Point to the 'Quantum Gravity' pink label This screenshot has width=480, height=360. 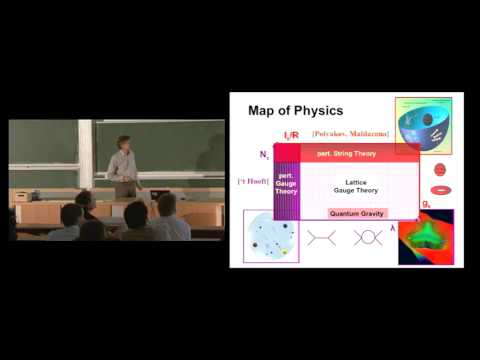(357, 212)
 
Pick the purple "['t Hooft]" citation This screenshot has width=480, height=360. (250, 181)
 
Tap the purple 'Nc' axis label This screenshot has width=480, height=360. (263, 155)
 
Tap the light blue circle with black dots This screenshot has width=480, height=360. (270, 238)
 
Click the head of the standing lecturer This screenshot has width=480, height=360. (124, 142)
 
